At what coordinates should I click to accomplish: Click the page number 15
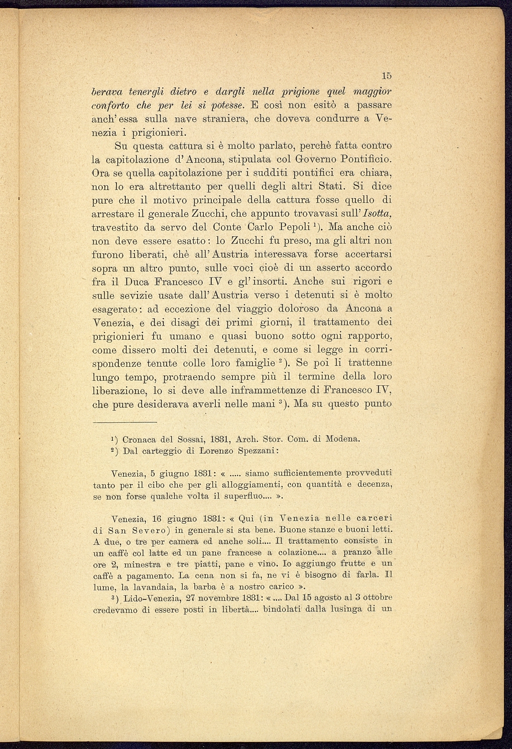click(386, 76)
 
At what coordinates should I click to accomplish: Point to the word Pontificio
click(366, 160)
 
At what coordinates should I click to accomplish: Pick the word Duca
click(134, 281)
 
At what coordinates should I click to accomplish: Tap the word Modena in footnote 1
click(343, 439)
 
